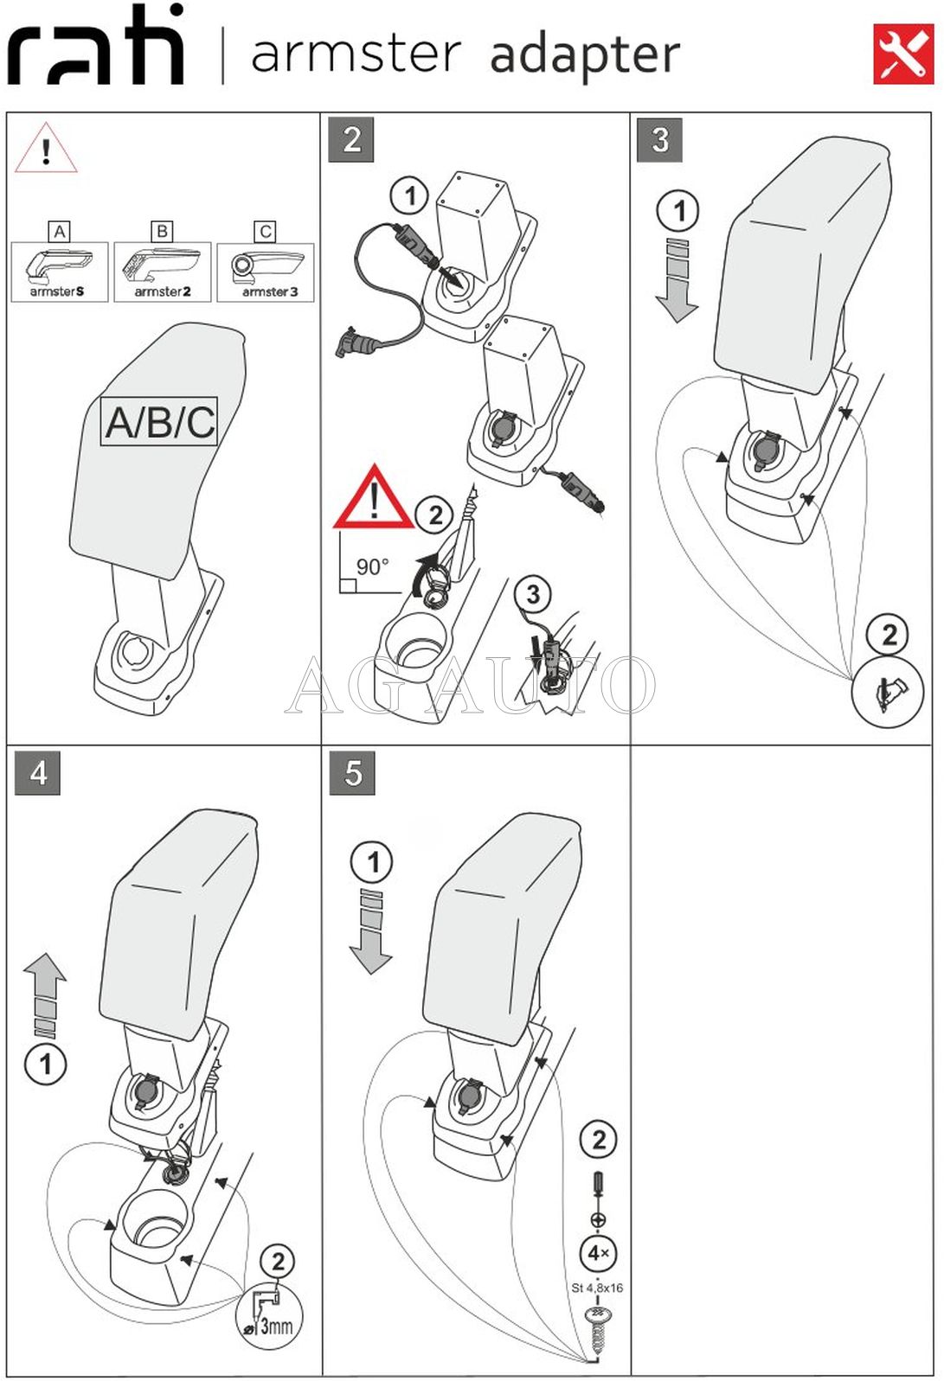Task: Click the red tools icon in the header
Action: point(902,54)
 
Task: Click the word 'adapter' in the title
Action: point(585,55)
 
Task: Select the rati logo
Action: point(96,47)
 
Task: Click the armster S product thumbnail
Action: point(59,272)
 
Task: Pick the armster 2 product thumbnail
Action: point(163,272)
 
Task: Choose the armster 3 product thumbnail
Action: point(266,272)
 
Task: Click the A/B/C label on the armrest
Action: point(159,422)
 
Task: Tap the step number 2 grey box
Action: point(351,140)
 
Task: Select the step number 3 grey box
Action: point(659,140)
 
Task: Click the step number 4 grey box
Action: point(38,772)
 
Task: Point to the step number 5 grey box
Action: point(352,772)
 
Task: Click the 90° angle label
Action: point(372,567)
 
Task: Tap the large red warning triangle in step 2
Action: point(374,499)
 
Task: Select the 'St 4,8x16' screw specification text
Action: point(597,1288)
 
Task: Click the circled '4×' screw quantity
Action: point(598,1253)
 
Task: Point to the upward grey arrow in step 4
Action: point(45,994)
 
